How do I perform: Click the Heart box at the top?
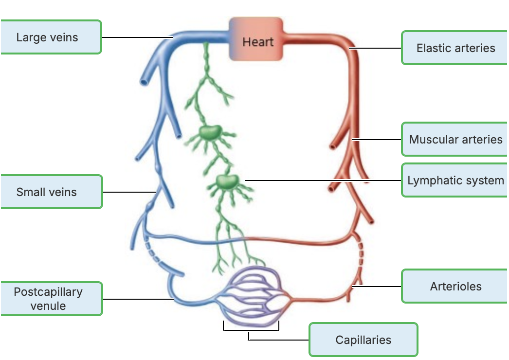point(256,39)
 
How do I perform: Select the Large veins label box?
point(51,37)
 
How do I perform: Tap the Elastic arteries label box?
point(455,48)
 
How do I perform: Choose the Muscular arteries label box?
point(455,140)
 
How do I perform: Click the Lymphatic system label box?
point(455,180)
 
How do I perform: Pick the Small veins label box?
point(51,192)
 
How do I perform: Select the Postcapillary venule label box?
point(51,299)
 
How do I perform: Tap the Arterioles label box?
point(455,287)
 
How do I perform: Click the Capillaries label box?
point(363,340)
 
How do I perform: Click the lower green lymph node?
point(225,182)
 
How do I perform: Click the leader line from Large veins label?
point(136,37)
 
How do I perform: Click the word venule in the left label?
point(48,306)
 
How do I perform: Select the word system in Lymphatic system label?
point(484,180)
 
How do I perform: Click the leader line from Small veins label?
point(129,192)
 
